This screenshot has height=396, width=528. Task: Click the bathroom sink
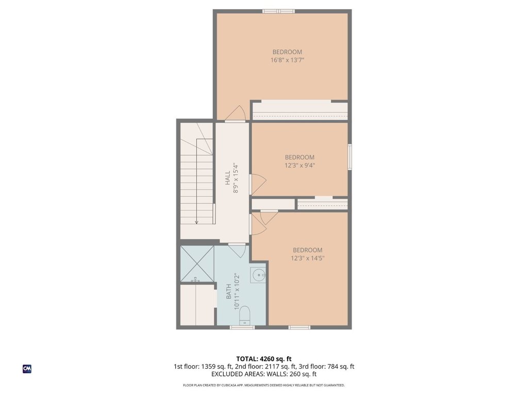pyautogui.click(x=258, y=275)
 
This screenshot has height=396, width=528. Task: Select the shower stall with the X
pyautogui.click(x=197, y=264)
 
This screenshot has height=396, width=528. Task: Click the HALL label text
pyautogui.click(x=227, y=178)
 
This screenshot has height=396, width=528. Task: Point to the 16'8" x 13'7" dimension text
pyautogui.click(x=287, y=60)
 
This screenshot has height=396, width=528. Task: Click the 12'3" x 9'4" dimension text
pyautogui.click(x=300, y=166)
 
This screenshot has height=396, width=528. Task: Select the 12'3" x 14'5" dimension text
pyautogui.click(x=308, y=258)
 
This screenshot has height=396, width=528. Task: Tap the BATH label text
pyautogui.click(x=228, y=292)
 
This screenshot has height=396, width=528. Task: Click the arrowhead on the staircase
pyautogui.click(x=196, y=222)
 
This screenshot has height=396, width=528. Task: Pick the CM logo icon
pyautogui.click(x=27, y=369)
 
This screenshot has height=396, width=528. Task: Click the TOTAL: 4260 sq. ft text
pyautogui.click(x=264, y=359)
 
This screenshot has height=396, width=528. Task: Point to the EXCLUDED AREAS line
pyautogui.click(x=264, y=374)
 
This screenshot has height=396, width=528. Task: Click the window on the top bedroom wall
pyautogui.click(x=278, y=11)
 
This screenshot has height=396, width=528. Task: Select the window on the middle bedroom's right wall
pyautogui.click(x=350, y=157)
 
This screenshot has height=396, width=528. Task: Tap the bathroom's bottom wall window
pyautogui.click(x=242, y=327)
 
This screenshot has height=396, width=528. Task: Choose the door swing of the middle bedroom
pyautogui.click(x=258, y=184)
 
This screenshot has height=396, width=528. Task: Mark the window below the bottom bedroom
pyautogui.click(x=300, y=327)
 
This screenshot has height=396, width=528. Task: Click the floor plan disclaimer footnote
pyautogui.click(x=264, y=385)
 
